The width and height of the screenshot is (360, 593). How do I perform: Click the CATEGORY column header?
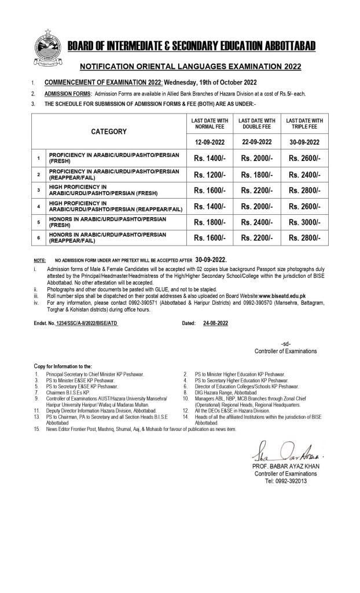[109, 132]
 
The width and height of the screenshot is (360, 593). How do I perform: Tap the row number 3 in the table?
[38, 190]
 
